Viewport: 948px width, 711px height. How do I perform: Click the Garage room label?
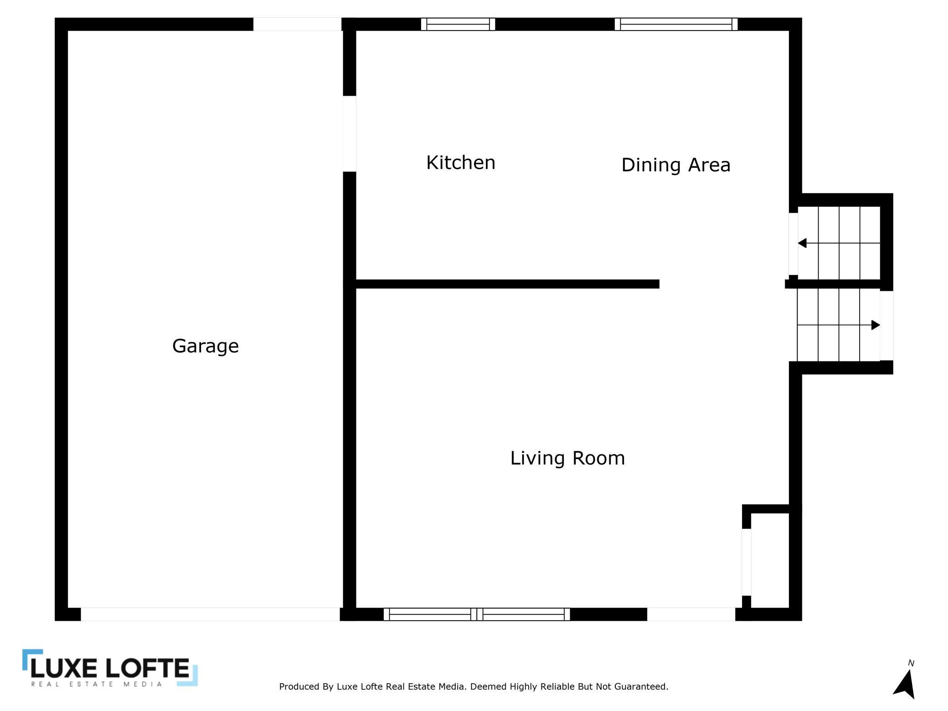click(205, 346)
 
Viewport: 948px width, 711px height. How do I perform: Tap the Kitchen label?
click(460, 163)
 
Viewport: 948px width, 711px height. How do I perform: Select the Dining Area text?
click(675, 165)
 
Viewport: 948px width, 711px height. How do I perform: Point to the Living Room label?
click(567, 458)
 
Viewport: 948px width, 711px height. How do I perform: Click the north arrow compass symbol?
click(905, 684)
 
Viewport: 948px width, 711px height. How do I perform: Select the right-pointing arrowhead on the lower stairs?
click(875, 325)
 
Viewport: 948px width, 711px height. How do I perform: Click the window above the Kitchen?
click(458, 24)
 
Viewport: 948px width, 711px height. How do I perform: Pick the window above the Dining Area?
click(676, 24)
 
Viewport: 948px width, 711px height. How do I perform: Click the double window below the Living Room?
click(477, 614)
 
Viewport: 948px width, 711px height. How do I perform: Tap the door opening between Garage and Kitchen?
click(349, 134)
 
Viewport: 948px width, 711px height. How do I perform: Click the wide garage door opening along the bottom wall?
click(210, 614)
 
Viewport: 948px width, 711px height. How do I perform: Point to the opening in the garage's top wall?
click(297, 24)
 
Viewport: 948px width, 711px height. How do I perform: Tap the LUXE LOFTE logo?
click(110, 668)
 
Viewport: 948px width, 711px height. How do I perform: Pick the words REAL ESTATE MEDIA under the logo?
click(97, 684)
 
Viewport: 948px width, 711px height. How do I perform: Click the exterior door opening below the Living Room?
click(691, 614)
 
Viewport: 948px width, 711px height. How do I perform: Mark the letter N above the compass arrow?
click(911, 663)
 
